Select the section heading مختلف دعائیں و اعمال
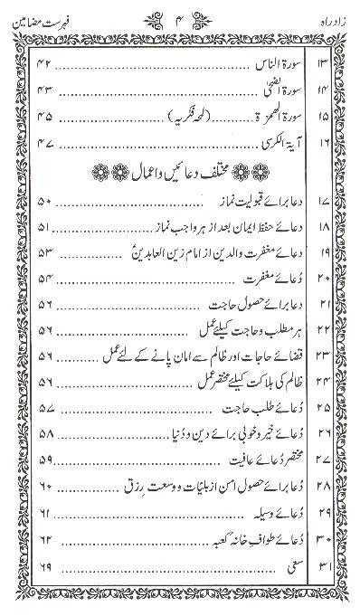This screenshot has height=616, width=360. click(x=181, y=172)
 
